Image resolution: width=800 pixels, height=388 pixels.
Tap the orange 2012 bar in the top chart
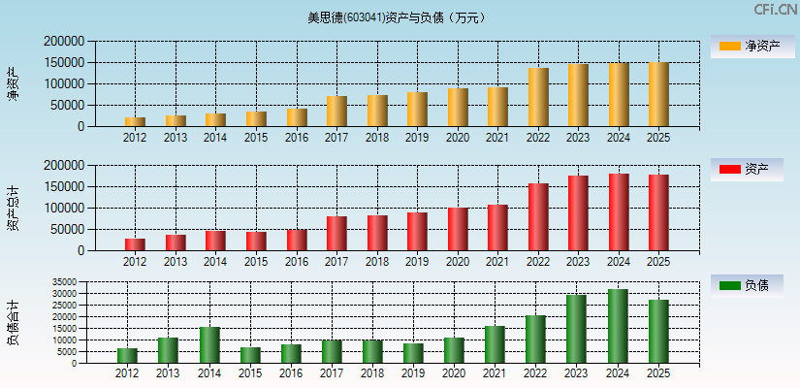135,121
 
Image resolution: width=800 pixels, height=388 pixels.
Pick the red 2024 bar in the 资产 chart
619,212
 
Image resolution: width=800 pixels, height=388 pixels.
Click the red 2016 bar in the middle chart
296,240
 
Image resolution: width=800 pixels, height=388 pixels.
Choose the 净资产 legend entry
752,46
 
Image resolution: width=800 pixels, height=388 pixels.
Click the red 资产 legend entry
752,170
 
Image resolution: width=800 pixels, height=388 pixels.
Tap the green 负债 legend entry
752,285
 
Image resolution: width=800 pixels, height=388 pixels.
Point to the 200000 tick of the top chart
64,42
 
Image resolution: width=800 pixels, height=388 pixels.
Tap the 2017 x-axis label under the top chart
336,138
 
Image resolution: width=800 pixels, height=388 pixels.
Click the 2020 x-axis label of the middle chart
458,262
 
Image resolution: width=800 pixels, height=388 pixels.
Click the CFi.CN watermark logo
775,10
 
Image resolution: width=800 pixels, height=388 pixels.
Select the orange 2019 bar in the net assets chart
417,109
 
